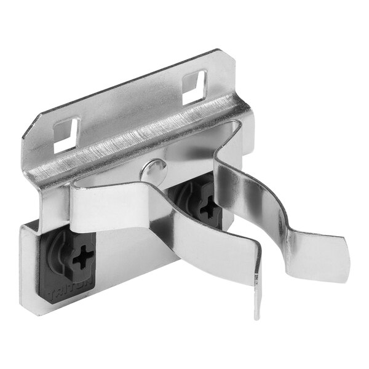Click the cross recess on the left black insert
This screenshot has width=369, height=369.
click(82, 256)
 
